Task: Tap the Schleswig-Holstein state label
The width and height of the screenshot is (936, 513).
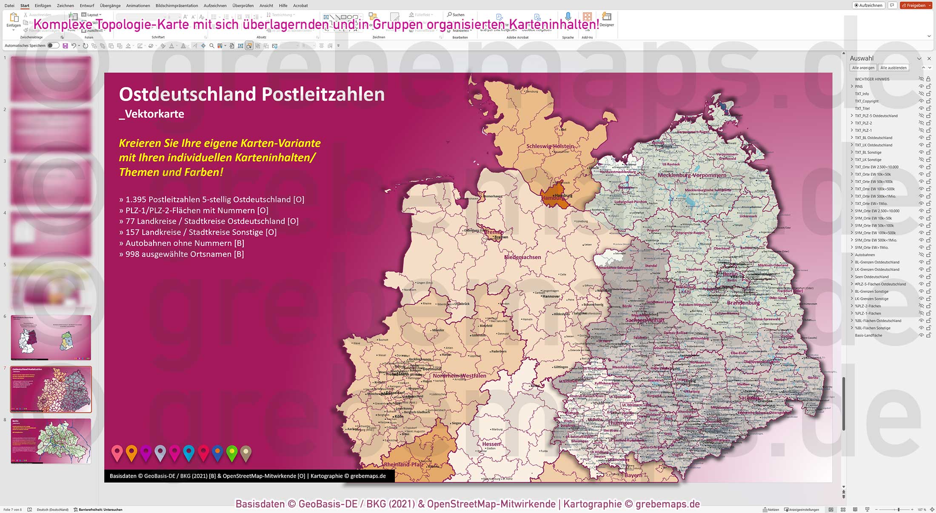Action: pyautogui.click(x=550, y=146)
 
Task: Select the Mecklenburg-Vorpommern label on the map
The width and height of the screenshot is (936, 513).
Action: pyautogui.click(x=692, y=175)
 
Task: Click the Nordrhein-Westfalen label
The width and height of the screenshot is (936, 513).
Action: pyautogui.click(x=459, y=375)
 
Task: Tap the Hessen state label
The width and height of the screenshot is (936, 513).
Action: pyautogui.click(x=491, y=444)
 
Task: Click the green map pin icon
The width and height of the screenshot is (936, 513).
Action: pyautogui.click(x=232, y=453)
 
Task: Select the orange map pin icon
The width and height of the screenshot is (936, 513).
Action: pyautogui.click(x=131, y=453)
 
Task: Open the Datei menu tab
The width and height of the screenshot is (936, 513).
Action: pyautogui.click(x=9, y=6)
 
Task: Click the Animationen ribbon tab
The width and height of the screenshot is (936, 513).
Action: pyautogui.click(x=138, y=6)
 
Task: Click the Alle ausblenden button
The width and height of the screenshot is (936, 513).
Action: pyautogui.click(x=893, y=68)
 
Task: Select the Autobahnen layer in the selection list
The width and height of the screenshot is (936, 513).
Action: pyautogui.click(x=865, y=255)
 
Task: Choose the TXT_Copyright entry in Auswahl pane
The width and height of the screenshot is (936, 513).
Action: pyautogui.click(x=866, y=101)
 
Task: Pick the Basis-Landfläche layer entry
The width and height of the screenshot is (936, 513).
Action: pyautogui.click(x=868, y=335)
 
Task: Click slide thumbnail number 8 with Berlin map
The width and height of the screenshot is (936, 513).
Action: pyautogui.click(x=51, y=441)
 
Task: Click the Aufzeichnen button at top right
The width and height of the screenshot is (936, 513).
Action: pyautogui.click(x=868, y=6)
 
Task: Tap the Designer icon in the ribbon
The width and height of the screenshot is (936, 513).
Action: pyautogui.click(x=607, y=19)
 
